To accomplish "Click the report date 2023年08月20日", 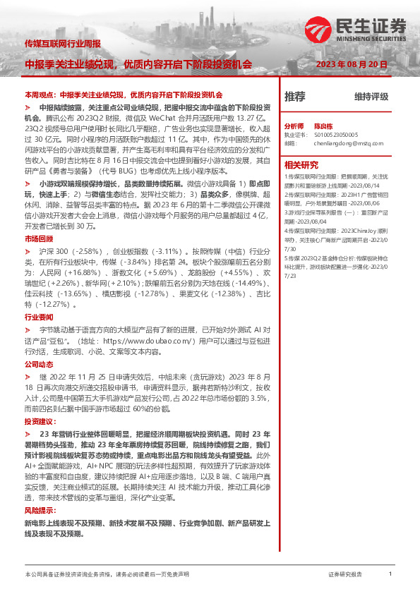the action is coord(352,64).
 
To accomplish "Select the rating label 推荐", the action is coord(295,96).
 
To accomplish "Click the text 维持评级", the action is coord(371,97).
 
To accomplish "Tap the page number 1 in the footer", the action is coord(390,574).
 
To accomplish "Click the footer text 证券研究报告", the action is coord(345,575).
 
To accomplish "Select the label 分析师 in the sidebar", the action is coord(294,124).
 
